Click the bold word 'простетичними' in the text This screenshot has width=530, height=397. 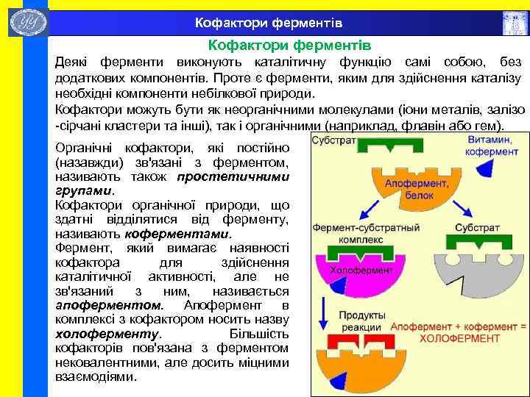pos(233,176)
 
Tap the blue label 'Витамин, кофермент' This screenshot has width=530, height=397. pos(492,146)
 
